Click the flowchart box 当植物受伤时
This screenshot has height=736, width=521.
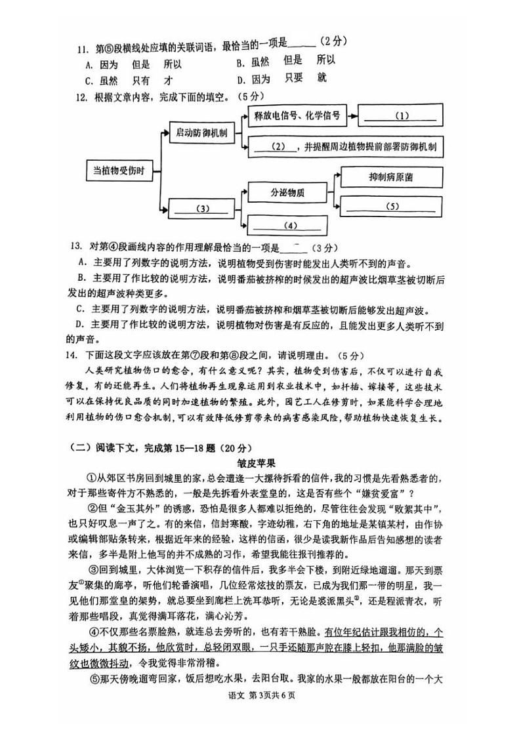(119, 171)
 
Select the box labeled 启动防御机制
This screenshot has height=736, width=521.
(201, 133)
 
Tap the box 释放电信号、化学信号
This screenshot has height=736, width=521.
(297, 116)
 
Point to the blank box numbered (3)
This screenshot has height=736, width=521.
(202, 209)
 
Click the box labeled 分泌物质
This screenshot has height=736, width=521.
(288, 193)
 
